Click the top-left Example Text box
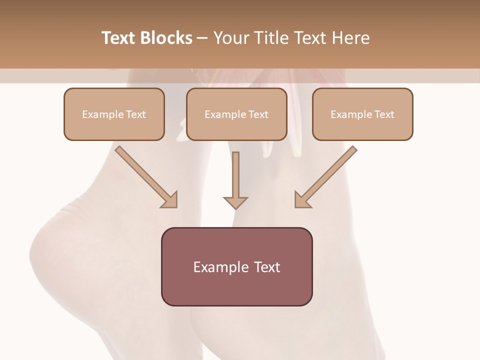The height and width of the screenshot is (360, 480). [114, 114]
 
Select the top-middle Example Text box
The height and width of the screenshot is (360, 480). [236, 114]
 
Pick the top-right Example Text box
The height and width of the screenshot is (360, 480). [362, 114]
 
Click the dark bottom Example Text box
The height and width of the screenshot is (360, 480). [236, 266]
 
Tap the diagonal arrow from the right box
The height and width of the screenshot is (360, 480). [327, 176]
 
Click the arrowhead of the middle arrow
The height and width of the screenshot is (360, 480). [235, 202]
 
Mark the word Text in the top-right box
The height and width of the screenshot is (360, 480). [384, 114]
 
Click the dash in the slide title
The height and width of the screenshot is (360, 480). [202, 38]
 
